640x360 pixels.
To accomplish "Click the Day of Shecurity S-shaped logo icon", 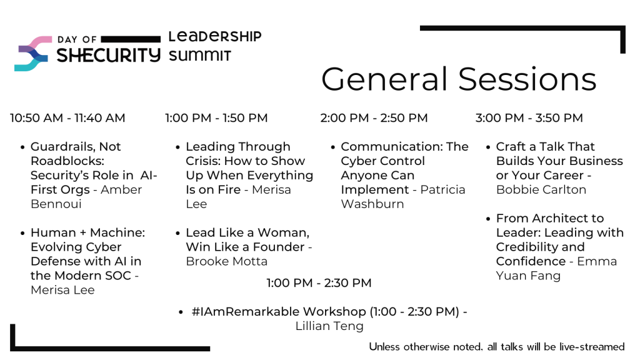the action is (34, 54).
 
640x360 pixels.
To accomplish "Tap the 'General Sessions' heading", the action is (459, 79).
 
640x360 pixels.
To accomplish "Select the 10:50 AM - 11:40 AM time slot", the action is (67, 118).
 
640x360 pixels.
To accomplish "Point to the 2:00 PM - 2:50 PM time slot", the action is (374, 118).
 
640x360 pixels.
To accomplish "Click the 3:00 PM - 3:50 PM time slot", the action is (529, 118).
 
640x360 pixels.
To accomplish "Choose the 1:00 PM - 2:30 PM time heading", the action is (319, 283).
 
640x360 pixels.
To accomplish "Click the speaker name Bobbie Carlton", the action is (541, 190).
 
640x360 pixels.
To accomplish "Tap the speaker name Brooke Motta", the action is (226, 261).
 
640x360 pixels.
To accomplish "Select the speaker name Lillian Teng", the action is (329, 326).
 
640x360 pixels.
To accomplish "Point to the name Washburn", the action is (372, 204).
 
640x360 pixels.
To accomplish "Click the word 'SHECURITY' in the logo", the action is (108, 55).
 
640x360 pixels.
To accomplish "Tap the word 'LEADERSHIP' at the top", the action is (215, 36).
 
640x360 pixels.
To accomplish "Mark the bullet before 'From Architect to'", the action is (487, 219).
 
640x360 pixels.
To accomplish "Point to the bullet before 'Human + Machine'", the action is (22, 234).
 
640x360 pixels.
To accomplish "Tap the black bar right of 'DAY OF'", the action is (131, 39).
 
